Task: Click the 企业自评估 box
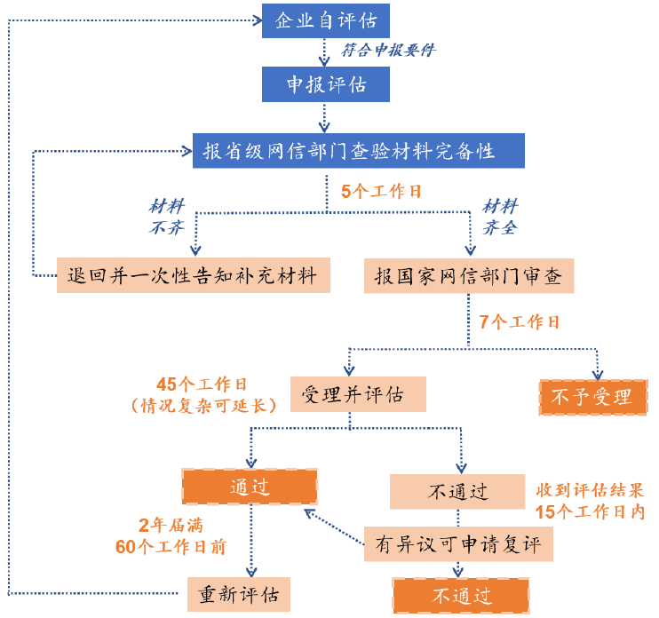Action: [325, 20]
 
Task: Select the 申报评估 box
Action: [325, 85]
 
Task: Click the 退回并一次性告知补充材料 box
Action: [193, 274]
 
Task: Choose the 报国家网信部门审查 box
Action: [469, 274]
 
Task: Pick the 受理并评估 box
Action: [358, 393]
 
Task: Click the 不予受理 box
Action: [593, 396]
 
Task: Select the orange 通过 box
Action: [250, 487]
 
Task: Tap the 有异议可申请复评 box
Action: [457, 542]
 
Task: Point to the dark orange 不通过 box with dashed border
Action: [461, 594]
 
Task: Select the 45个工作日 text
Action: [201, 384]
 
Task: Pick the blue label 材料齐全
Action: [499, 216]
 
